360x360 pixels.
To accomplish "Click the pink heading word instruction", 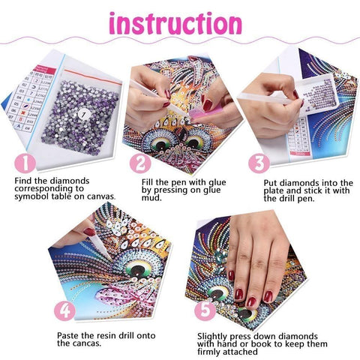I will (179, 23).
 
